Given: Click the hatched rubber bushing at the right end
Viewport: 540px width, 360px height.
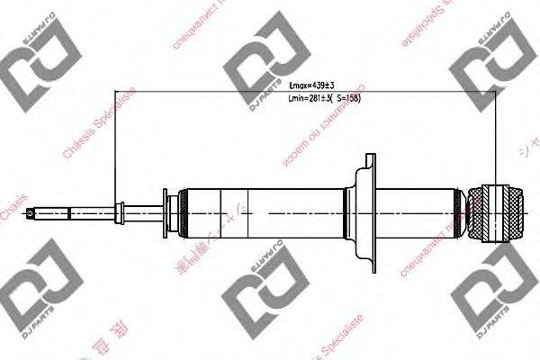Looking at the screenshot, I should (x=497, y=212).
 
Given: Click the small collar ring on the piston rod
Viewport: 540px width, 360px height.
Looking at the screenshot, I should (x=117, y=212).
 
